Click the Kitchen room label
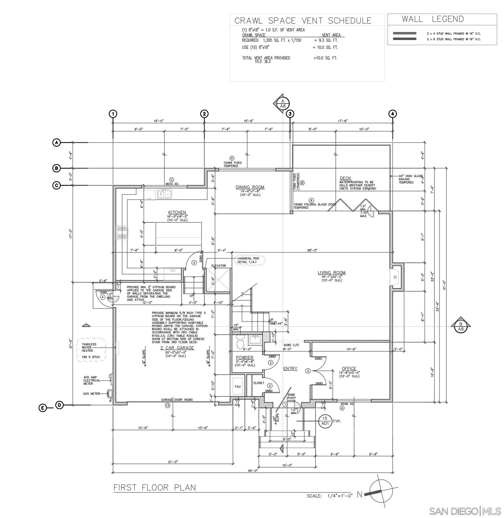pos(177,212)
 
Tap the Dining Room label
pos(250,187)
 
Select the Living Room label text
pos(331,273)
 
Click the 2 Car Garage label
pos(177,348)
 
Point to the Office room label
pos(349,368)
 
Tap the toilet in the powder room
pos(241,342)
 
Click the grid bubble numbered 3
pos(290,114)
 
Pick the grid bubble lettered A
pos(56,143)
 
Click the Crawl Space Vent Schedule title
pos(303,20)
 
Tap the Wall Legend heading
pos(433,19)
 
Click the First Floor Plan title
pos(155,487)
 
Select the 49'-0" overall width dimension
pos(253,471)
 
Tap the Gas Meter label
pos(91,394)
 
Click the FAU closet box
pos(238,386)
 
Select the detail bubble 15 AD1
pos(325,421)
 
